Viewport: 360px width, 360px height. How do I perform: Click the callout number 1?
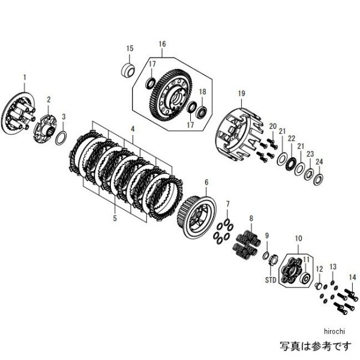point(25,77)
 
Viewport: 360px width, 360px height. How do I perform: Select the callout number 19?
point(241,93)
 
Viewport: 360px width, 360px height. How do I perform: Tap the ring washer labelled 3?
point(61,137)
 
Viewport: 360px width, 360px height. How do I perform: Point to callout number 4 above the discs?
point(133,129)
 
